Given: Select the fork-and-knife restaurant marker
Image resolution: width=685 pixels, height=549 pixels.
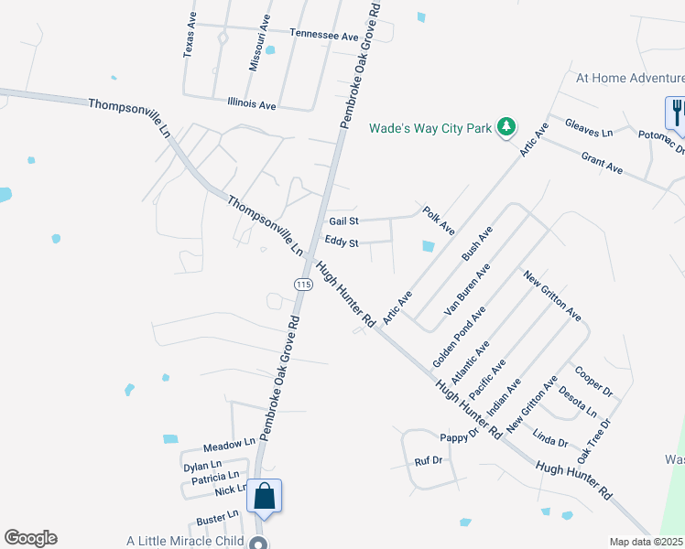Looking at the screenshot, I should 676,113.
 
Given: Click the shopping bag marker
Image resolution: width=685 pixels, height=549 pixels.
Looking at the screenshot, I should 264,497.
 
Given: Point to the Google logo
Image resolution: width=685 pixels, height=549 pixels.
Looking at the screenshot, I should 30,538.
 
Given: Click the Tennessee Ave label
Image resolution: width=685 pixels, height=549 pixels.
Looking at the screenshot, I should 324,34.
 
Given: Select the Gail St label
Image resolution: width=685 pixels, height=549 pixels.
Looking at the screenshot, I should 343,221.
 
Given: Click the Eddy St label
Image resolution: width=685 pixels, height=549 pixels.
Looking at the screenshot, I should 342,242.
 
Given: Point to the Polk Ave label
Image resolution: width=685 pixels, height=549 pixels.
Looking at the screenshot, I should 439,220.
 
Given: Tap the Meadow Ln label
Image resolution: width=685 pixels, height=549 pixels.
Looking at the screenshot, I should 229,444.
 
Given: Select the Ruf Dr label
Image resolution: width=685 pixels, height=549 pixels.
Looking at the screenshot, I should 429,461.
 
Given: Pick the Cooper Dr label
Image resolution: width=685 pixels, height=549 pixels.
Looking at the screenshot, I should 593,382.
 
